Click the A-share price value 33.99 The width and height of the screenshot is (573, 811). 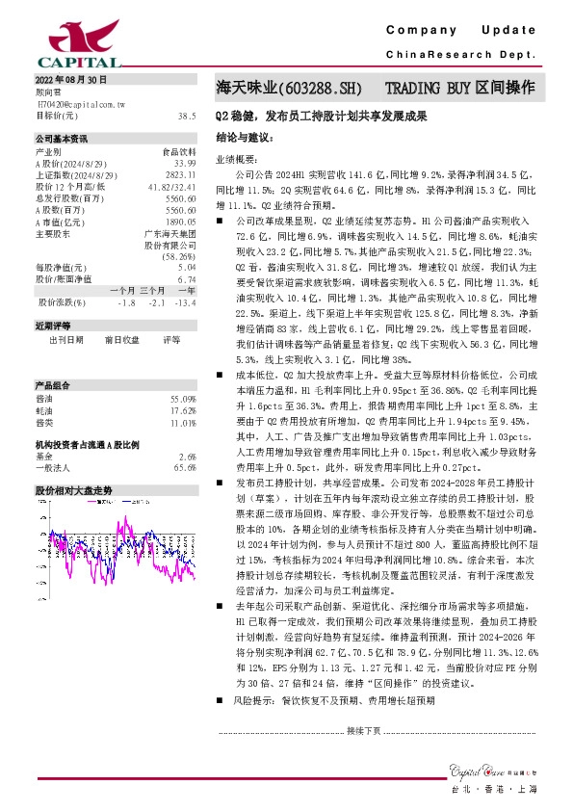186,164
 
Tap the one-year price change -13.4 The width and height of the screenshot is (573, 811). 186,301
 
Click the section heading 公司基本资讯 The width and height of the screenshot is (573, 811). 61,139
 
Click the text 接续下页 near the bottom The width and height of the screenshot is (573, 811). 364,731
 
